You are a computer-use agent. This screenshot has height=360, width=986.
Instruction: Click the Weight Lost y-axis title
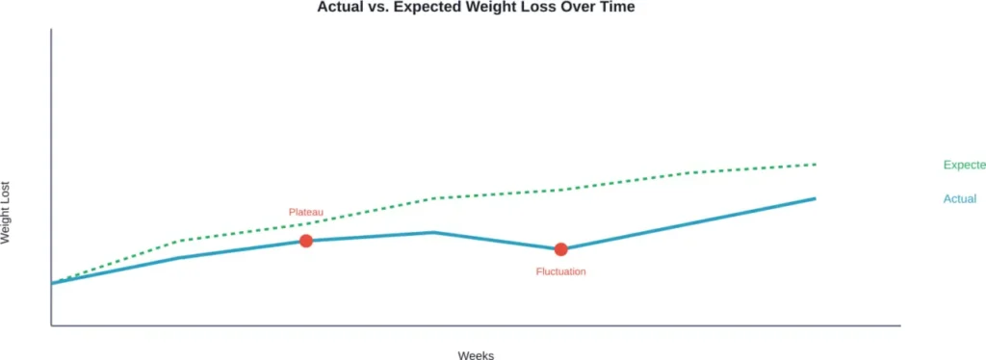(x=7, y=213)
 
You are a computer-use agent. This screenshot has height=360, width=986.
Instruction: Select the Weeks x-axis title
(x=476, y=355)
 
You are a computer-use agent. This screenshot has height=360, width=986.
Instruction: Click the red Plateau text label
(x=306, y=212)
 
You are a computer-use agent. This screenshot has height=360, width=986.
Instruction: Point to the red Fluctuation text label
(x=560, y=271)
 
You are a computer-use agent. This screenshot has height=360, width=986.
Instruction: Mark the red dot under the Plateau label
(x=306, y=241)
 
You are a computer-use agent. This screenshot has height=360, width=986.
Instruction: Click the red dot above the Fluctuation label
(x=560, y=249)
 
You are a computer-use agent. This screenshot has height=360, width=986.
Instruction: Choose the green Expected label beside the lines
(x=964, y=165)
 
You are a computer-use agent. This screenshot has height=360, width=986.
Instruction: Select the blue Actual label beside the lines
(x=960, y=199)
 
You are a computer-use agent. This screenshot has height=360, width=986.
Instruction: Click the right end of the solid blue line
(x=816, y=198)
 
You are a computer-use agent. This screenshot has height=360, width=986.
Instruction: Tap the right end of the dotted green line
(x=816, y=165)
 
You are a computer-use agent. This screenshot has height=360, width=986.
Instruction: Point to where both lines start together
(x=52, y=283)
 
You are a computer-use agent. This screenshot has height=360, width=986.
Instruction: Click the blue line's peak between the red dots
(x=434, y=232)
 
